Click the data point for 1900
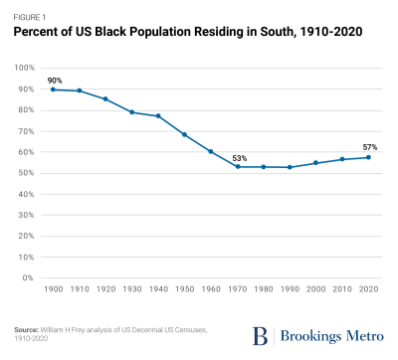point(53,90)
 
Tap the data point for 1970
point(238,166)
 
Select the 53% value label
point(239,156)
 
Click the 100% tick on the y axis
point(25,68)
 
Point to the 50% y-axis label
point(27,173)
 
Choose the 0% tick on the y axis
point(30,278)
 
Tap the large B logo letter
point(258,330)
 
